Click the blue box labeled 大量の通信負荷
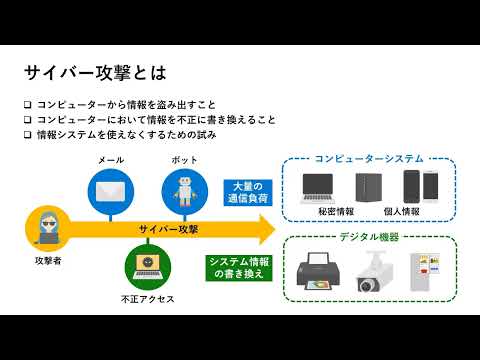click(x=243, y=192)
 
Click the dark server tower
click(x=367, y=188)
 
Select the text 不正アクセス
click(x=146, y=298)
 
